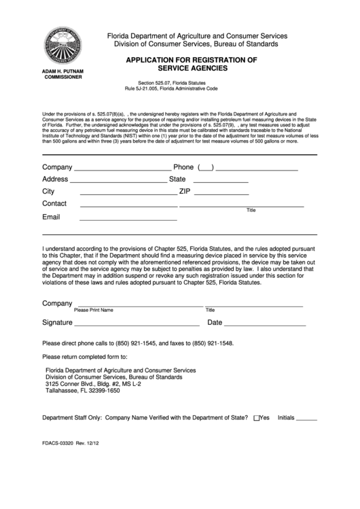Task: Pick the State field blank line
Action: pyautogui.click(x=220, y=181)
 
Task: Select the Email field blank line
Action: pyautogui.click(x=128, y=219)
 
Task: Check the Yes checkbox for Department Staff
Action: pyautogui.click(x=255, y=419)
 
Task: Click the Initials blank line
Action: pyautogui.click(x=307, y=419)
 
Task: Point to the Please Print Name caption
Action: pyautogui.click(x=94, y=310)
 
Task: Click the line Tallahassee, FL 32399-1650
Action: pyautogui.click(x=82, y=391)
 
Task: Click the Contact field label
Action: pyautogui.click(x=54, y=204)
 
